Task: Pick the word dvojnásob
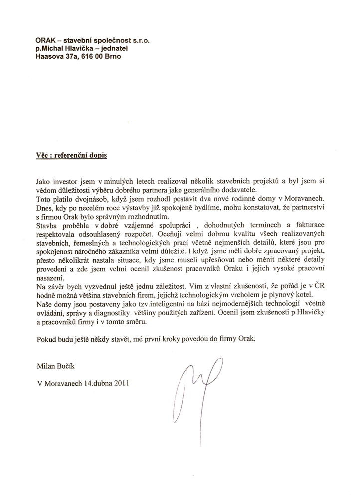coord(79,199)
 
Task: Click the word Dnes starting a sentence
coord(44,208)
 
